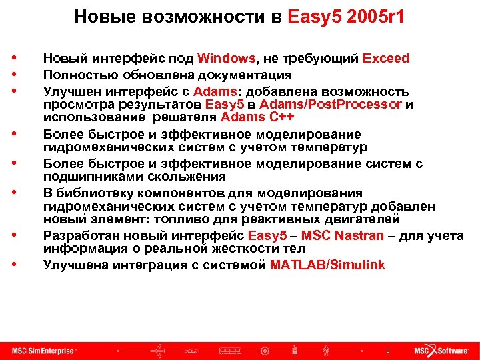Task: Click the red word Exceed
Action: tap(386, 59)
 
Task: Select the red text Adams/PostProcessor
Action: tap(331, 105)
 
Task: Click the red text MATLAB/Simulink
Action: tap(327, 265)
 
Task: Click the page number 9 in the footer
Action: tap(388, 351)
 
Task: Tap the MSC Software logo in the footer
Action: tap(441, 351)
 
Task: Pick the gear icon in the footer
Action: tap(265, 351)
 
